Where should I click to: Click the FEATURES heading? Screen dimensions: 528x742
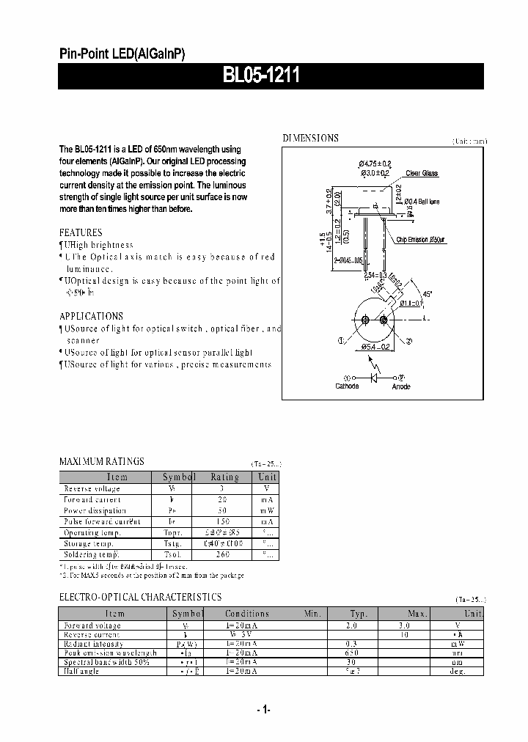coord(81,232)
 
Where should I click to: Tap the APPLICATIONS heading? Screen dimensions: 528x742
coord(91,316)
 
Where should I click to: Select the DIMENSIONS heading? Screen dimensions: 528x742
coord(310,138)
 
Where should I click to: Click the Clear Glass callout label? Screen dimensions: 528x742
coord(422,174)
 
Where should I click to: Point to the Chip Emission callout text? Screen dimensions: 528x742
coord(421,240)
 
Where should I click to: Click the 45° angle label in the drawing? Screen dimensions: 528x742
coord(427,295)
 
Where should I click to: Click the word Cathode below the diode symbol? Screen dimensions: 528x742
coord(347,386)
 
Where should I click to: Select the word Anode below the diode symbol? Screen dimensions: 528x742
coord(401,386)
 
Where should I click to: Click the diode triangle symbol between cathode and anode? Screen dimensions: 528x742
coord(375,377)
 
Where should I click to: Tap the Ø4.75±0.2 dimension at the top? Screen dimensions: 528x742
coord(375,163)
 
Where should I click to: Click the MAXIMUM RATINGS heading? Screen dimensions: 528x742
coord(101,461)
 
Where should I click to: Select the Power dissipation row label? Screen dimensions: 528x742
coord(95,510)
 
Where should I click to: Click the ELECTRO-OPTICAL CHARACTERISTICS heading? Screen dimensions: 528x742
coord(139,597)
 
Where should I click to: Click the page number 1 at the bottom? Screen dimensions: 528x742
coord(264,709)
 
